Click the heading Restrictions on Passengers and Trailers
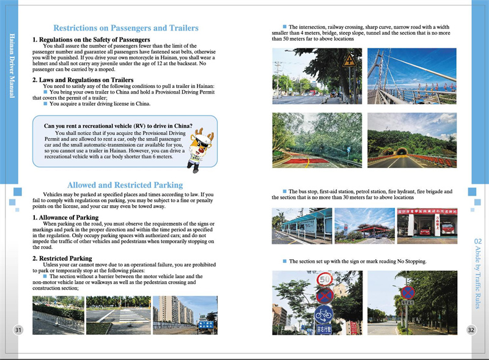pos(125,28)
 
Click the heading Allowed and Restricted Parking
pos(125,185)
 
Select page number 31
pos(18,331)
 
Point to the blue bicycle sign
pos(323,314)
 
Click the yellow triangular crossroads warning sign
pos(349,61)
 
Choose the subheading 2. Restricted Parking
pos(62,259)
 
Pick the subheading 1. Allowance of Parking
pos(65,218)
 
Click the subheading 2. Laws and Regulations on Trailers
pos(83,80)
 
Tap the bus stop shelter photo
pos(302,226)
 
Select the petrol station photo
pos(364,226)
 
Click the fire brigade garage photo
pos(427,226)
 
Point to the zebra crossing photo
pos(119,315)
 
